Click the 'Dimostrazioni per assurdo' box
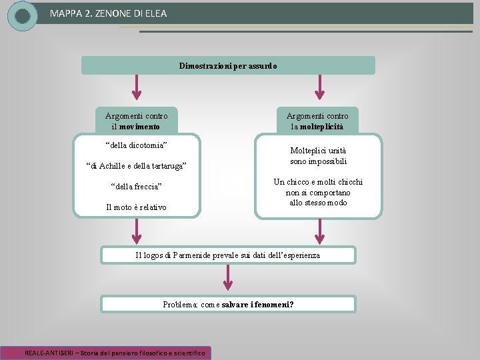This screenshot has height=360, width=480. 228,65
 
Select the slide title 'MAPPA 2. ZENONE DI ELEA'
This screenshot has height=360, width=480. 108,13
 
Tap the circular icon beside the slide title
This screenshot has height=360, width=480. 22,15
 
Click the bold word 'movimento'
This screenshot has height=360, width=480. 141,127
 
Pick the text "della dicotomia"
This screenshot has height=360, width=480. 137,145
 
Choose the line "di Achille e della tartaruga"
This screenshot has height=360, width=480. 137,165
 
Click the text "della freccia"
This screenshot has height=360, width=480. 137,186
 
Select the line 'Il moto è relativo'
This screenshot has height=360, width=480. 137,207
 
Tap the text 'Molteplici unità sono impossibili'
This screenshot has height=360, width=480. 318,156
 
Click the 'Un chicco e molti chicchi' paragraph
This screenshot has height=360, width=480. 318,192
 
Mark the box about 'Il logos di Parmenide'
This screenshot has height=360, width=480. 228,255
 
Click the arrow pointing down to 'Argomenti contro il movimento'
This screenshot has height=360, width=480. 137,86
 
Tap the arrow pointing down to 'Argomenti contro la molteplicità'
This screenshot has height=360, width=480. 319,86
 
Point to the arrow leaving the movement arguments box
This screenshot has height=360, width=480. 137,231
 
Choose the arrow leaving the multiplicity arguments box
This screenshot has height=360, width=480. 319,231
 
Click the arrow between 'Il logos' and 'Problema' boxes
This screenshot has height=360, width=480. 228,277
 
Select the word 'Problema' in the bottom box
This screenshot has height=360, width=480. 179,305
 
